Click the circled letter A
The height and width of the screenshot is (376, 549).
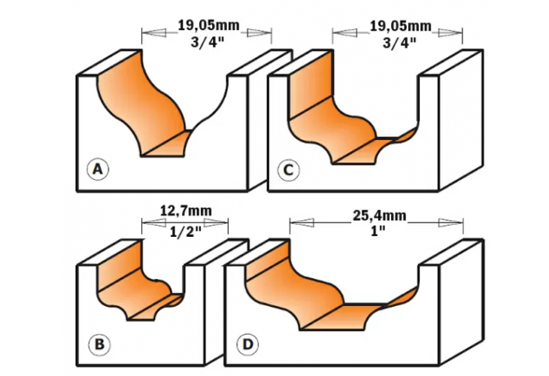click(x=96, y=170)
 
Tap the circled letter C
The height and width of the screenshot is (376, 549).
click(x=287, y=171)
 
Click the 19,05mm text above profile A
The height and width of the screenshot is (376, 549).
click(x=208, y=25)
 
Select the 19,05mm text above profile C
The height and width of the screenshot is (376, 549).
click(x=400, y=25)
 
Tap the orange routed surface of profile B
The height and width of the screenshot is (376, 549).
click(x=128, y=278)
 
